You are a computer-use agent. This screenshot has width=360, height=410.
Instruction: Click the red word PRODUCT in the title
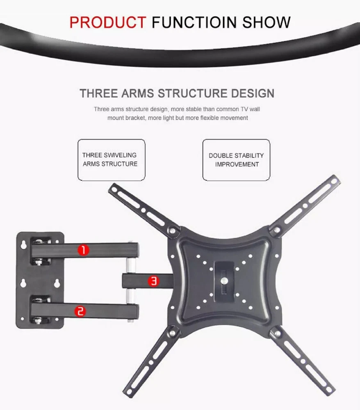[107, 22]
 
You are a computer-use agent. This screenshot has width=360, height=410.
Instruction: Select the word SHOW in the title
[266, 22]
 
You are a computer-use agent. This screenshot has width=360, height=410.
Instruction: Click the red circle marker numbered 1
[83, 250]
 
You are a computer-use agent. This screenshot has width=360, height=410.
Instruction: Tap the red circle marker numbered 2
[80, 312]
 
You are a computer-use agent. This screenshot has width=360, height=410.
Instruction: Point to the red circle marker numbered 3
[154, 281]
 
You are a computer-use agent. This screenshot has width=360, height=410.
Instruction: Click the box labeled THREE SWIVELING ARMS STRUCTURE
[112, 160]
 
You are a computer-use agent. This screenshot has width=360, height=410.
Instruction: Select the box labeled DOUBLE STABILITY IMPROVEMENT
[236, 160]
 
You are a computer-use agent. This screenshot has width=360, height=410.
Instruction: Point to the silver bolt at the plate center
[224, 281]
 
